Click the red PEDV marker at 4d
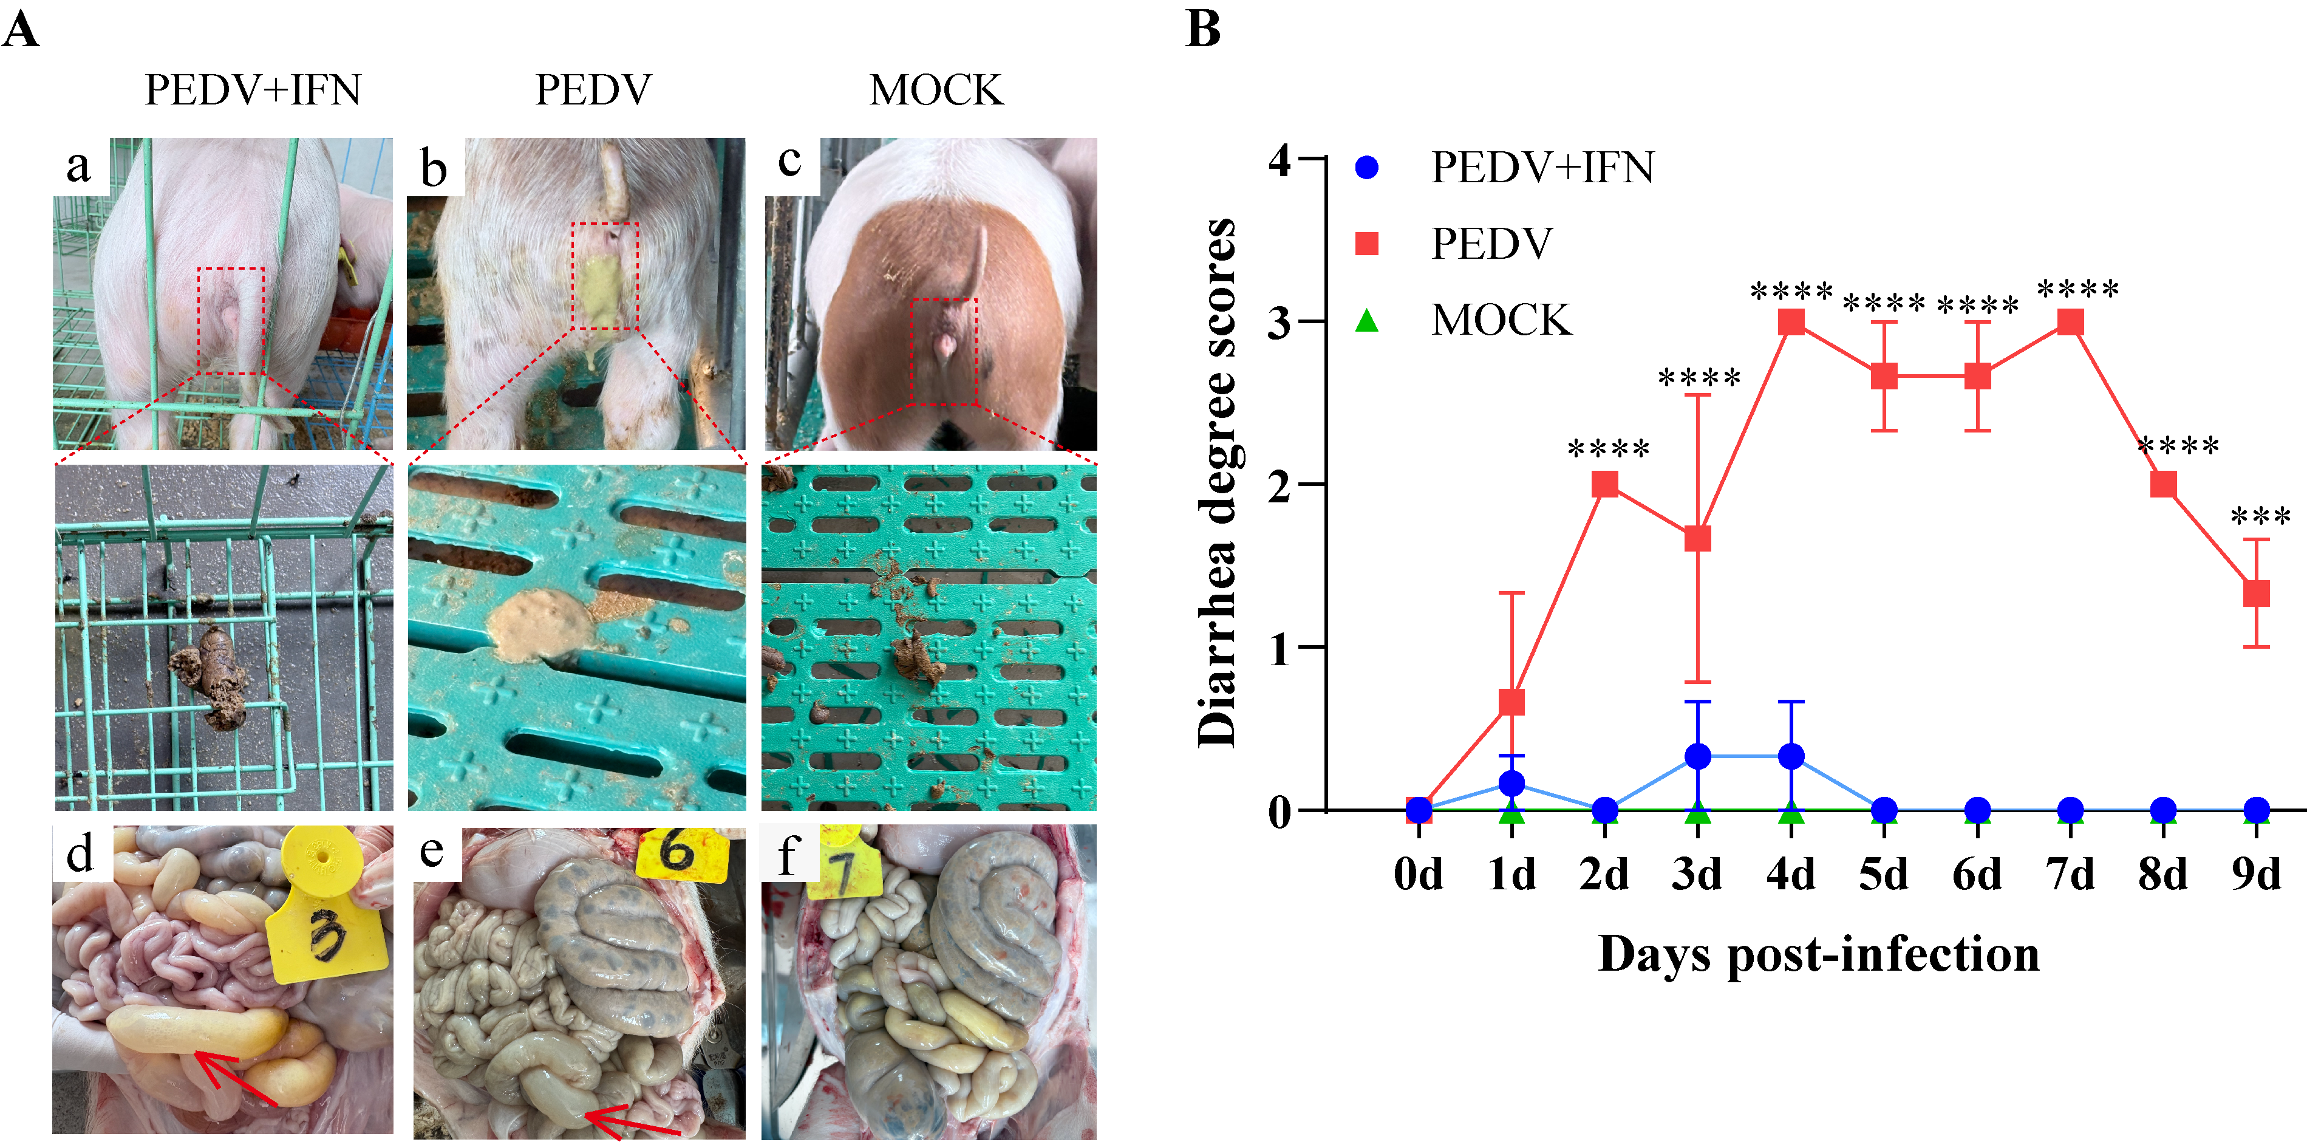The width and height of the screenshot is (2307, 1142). pos(1791,321)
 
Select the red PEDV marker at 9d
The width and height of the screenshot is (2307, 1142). pos(2256,593)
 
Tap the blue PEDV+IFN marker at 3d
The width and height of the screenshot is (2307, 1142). pos(1698,756)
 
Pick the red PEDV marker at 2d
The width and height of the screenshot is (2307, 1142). pos(1605,485)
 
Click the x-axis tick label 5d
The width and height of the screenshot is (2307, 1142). pos(1883,874)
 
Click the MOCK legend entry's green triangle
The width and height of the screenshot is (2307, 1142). pos(1366,320)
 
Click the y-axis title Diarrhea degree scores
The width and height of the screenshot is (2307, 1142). pos(1218,484)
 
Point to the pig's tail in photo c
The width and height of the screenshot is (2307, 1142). pos(975,260)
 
